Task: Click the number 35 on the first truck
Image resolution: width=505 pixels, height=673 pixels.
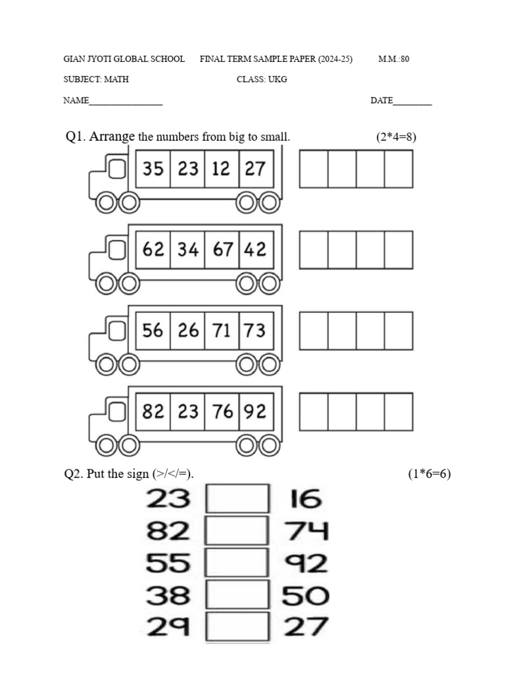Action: [x=153, y=169]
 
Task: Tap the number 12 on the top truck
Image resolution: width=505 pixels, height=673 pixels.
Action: [x=221, y=169]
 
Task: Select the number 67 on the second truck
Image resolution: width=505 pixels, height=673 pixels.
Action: [x=222, y=250]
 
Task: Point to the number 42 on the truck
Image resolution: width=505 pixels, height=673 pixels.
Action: [x=254, y=250]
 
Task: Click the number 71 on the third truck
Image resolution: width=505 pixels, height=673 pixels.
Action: [x=222, y=331]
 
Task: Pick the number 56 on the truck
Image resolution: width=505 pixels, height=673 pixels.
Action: [x=153, y=331]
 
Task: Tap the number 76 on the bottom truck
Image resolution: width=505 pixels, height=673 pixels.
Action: [x=222, y=411]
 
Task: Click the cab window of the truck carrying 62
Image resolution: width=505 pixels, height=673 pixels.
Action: [x=118, y=250]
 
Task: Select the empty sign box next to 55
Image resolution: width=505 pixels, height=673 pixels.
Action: [x=237, y=563]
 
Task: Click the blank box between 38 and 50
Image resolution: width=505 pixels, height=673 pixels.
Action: [x=237, y=595]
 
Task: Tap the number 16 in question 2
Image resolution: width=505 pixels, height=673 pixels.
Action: [x=306, y=500]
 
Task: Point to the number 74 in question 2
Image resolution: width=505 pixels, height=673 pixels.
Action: [x=306, y=531]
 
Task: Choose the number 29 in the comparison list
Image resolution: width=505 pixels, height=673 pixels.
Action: [x=168, y=626]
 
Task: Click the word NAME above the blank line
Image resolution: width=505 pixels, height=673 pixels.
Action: [x=76, y=101]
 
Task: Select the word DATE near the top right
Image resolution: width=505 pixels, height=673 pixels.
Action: [x=381, y=101]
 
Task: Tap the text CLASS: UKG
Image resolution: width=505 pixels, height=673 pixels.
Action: [x=262, y=80]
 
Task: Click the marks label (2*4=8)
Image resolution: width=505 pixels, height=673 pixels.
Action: [x=396, y=137]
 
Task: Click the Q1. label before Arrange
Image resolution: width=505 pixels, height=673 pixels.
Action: [x=76, y=137]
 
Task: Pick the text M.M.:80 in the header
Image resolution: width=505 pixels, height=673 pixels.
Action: [x=394, y=59]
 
